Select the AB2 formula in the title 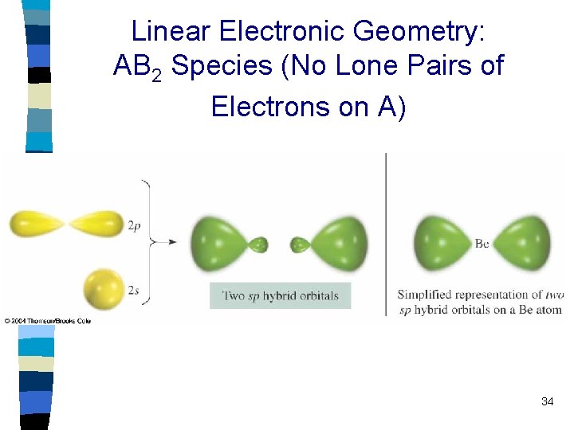coord(138,67)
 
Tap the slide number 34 coord(547,401)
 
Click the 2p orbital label coord(135,226)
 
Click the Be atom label coord(482,244)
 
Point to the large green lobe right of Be coord(522,243)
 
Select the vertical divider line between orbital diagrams coord(386,231)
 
